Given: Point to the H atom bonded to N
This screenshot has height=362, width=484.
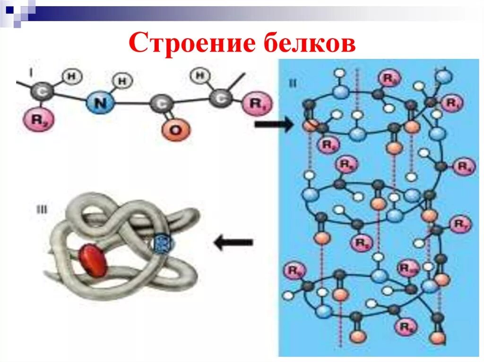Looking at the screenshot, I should (x=122, y=81).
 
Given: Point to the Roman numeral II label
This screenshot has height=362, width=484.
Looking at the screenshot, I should (x=293, y=84).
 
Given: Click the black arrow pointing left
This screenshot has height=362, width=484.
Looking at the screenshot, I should (x=233, y=243).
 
